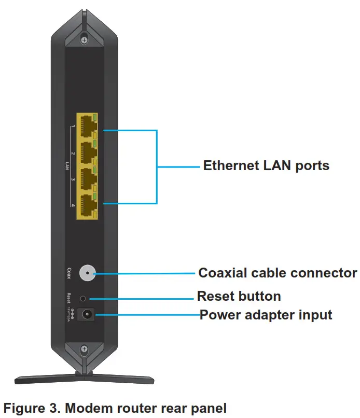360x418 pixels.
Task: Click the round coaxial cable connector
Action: tap(87, 273)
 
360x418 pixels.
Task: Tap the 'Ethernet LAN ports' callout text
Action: tap(266, 166)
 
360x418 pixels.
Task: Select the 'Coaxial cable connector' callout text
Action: tap(278, 273)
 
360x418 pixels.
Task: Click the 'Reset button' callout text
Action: tap(239, 297)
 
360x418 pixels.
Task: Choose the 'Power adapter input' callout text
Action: tap(266, 315)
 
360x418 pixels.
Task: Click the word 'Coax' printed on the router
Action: tap(69, 273)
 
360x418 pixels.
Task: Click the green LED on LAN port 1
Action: tap(95, 118)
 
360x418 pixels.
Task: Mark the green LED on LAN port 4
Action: tap(95, 196)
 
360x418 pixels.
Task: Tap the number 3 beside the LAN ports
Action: tap(73, 179)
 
